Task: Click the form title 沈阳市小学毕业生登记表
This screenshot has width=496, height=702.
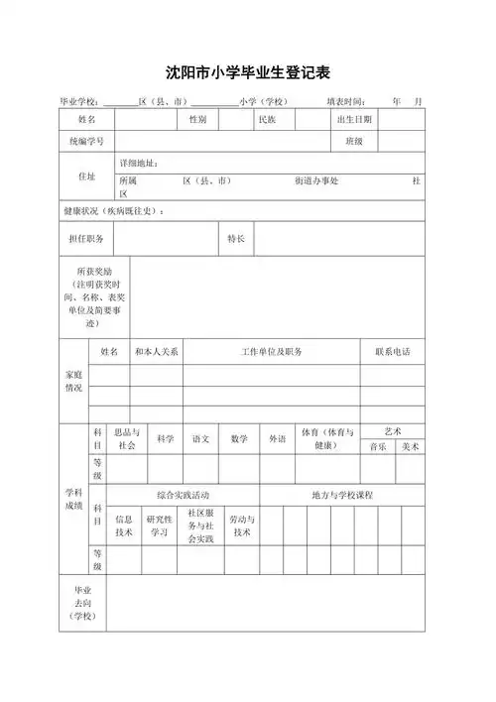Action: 248,72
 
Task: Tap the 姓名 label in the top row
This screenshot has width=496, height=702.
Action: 87,119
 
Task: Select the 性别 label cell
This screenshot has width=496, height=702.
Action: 198,119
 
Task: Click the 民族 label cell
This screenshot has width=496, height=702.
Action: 267,119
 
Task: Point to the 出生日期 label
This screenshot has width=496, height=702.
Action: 354,119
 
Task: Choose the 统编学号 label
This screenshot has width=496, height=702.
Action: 87,141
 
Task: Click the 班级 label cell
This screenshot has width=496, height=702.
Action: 354,141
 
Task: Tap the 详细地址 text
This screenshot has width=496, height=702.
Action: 139,163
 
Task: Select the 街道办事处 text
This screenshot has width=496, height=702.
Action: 316,181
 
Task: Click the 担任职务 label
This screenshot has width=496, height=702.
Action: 86,239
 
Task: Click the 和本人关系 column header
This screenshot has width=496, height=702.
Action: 156,352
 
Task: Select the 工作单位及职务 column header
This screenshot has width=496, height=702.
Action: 271,352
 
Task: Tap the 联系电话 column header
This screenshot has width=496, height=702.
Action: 392,352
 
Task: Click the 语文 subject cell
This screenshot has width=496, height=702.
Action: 200,439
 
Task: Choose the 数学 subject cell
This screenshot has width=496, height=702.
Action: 239,439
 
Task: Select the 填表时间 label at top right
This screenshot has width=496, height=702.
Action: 347,101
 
